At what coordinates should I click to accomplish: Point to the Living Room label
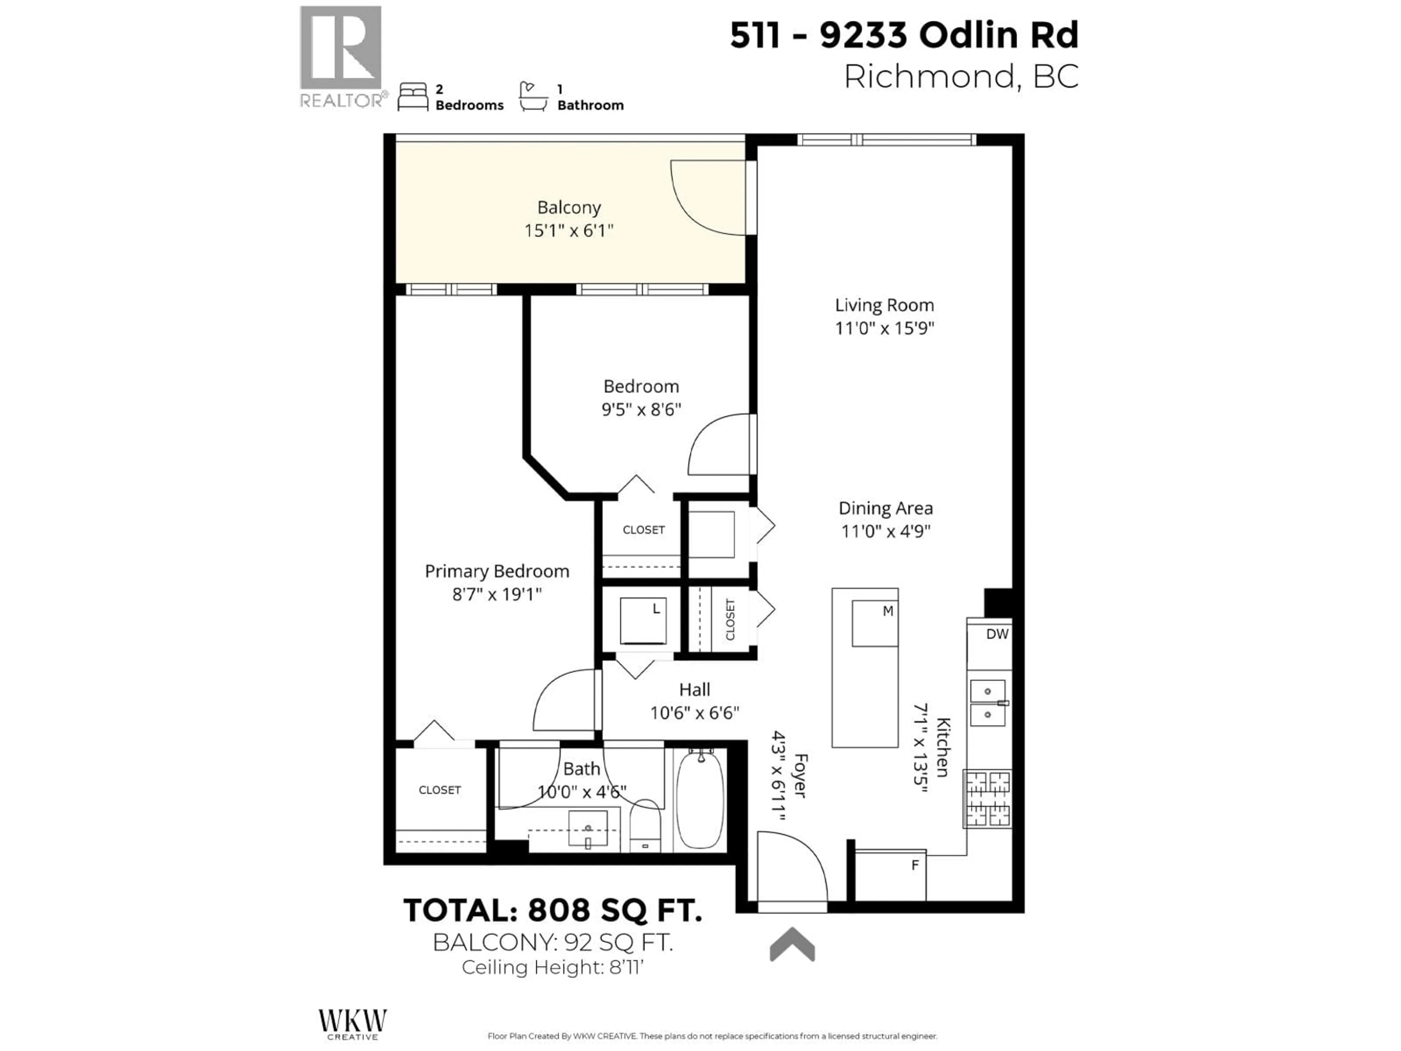[884, 305]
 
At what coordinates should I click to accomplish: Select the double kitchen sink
[987, 703]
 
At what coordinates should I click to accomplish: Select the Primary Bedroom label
[497, 571]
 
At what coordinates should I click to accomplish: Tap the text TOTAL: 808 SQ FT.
[552, 911]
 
